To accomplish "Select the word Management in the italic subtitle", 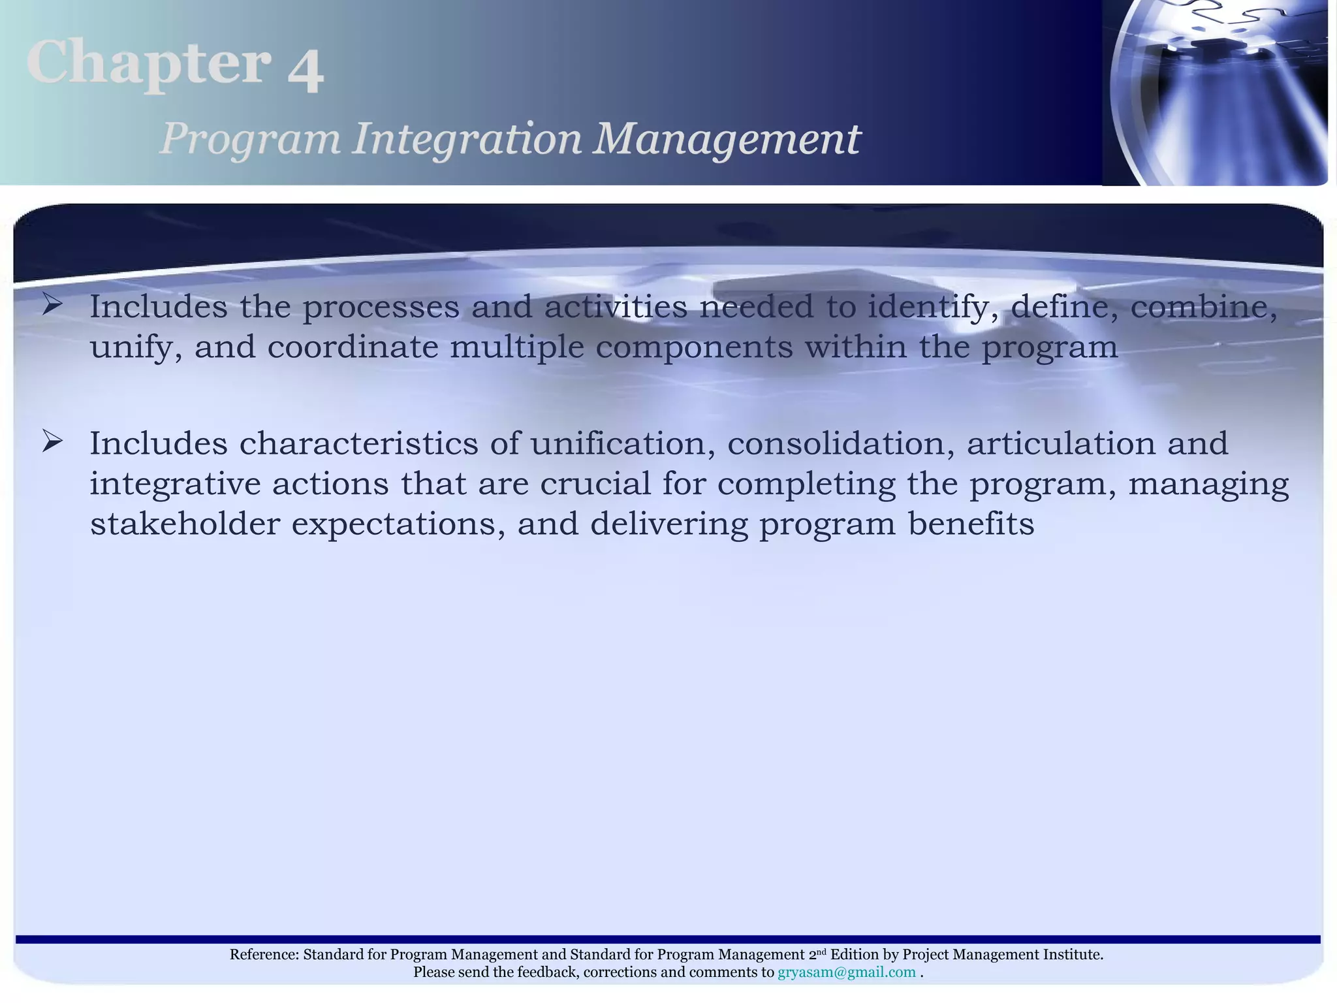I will [726, 139].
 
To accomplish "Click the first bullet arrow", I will [52, 304].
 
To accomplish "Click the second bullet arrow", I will [52, 442].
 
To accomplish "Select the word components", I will [694, 347].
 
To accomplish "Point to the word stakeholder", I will [185, 524].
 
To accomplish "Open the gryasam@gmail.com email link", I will [846, 972].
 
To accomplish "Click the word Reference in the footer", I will [264, 955].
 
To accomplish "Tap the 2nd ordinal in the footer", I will [817, 954].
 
